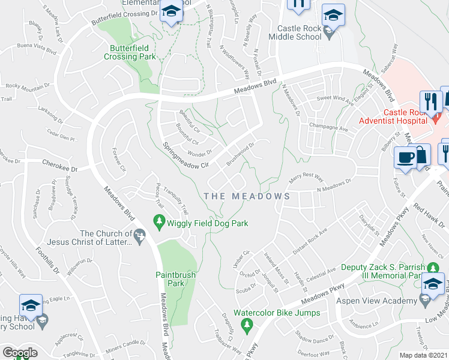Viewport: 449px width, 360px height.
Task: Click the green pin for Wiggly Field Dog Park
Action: tap(160, 223)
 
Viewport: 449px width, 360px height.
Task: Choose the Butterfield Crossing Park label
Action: tap(130, 52)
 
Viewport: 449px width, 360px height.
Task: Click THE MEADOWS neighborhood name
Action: tap(247, 196)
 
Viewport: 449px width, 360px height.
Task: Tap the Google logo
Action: tap(20, 353)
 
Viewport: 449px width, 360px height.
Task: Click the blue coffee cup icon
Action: tap(405, 158)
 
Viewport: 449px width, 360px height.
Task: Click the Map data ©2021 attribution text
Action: tap(423, 355)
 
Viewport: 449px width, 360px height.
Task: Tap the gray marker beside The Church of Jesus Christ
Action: tap(140, 238)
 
